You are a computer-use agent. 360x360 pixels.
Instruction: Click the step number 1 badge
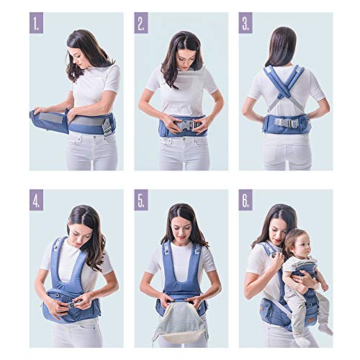[36, 22]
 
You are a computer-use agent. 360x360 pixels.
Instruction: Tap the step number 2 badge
[141, 22]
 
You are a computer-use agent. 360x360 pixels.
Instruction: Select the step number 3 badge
[246, 22]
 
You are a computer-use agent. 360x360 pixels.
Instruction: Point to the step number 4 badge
[36, 200]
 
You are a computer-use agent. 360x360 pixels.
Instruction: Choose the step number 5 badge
[141, 200]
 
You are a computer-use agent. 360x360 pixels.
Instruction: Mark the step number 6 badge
[246, 200]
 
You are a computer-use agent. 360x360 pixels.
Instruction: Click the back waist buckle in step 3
[286, 122]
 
